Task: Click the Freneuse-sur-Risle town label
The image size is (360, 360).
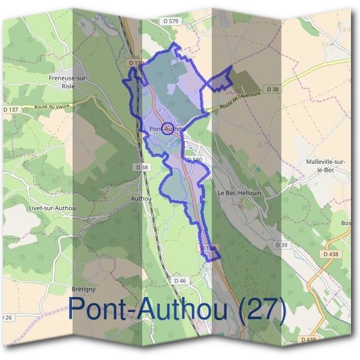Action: [x=68, y=82]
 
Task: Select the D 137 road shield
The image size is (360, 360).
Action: [x=11, y=110]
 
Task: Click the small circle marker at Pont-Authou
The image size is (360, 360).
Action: [x=168, y=128]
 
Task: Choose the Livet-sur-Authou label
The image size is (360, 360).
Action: [x=53, y=208]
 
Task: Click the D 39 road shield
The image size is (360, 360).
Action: [x=281, y=245]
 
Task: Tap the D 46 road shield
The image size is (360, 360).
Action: [x=181, y=280]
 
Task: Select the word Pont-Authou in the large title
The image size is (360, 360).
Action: [x=148, y=309]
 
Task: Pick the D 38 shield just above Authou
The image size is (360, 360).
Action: [x=142, y=167]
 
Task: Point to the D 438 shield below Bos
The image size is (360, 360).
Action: [x=331, y=254]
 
